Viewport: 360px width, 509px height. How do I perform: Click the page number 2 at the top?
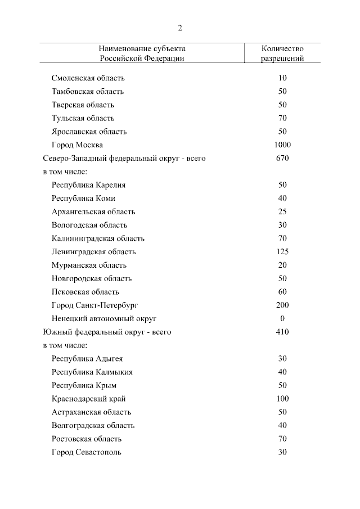(180, 28)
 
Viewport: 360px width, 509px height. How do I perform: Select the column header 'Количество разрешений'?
(282, 53)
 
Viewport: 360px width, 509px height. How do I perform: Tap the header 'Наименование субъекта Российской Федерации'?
(142, 53)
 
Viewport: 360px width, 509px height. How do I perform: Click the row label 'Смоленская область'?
(88, 78)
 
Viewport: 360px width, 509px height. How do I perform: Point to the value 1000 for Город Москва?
(282, 145)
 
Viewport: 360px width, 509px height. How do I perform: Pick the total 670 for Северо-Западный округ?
(282, 158)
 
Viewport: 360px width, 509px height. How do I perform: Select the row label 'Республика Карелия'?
(88, 185)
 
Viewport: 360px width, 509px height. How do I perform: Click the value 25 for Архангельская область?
(282, 211)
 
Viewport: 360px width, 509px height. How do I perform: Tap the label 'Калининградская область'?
(98, 238)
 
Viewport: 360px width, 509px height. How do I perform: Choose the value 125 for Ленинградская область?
(282, 251)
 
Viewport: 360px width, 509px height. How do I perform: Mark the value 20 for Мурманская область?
(282, 265)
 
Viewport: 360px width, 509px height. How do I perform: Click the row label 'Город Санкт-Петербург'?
(94, 305)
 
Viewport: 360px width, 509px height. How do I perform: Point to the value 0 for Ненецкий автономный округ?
(282, 318)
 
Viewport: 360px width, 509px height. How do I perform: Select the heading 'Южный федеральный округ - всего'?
(107, 332)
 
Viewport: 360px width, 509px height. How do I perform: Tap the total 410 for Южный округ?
(282, 332)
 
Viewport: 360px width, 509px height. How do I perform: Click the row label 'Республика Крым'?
(84, 385)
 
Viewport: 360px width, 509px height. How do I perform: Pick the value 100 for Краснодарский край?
(282, 399)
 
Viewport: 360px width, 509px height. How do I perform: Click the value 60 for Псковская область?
(282, 292)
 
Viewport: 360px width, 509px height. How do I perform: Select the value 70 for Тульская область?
(282, 118)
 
